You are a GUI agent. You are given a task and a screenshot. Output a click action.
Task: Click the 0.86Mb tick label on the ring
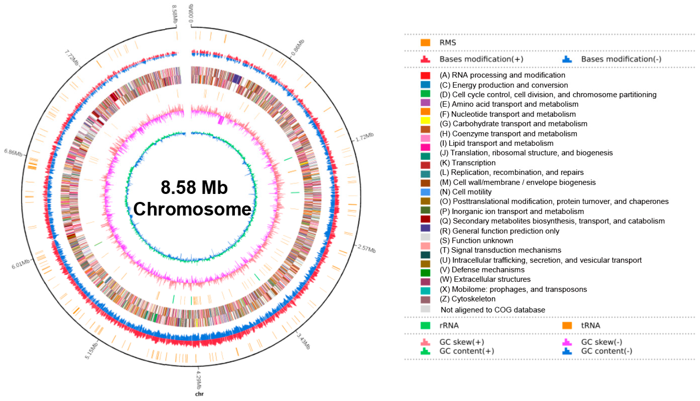[x=298, y=47]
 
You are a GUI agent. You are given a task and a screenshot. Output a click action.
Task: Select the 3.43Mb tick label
[x=303, y=341]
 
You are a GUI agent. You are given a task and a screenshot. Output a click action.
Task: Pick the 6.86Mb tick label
[x=13, y=152]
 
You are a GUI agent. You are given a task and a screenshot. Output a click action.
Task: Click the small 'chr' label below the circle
[x=199, y=394]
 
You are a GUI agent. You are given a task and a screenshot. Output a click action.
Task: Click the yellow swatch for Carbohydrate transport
[x=425, y=121]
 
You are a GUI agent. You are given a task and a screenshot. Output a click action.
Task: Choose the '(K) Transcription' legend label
[x=467, y=163]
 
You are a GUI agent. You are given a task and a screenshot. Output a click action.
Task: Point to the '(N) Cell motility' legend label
[x=465, y=192]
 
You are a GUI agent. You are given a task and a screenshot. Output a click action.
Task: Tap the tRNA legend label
[x=590, y=326]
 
